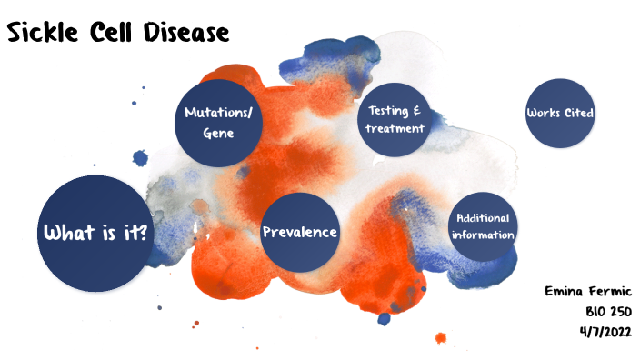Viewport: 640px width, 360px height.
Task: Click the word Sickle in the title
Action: [46, 33]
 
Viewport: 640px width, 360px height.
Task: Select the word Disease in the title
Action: [192, 33]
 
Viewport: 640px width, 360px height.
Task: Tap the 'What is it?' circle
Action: [94, 234]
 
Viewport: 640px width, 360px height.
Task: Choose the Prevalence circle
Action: [300, 232]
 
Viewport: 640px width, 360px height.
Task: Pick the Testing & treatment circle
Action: [395, 119]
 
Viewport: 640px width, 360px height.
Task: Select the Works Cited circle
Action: [560, 114]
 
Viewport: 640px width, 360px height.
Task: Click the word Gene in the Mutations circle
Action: [218, 133]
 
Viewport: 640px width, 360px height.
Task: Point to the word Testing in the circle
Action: [388, 110]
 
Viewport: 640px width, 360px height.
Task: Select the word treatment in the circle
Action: [395, 128]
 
